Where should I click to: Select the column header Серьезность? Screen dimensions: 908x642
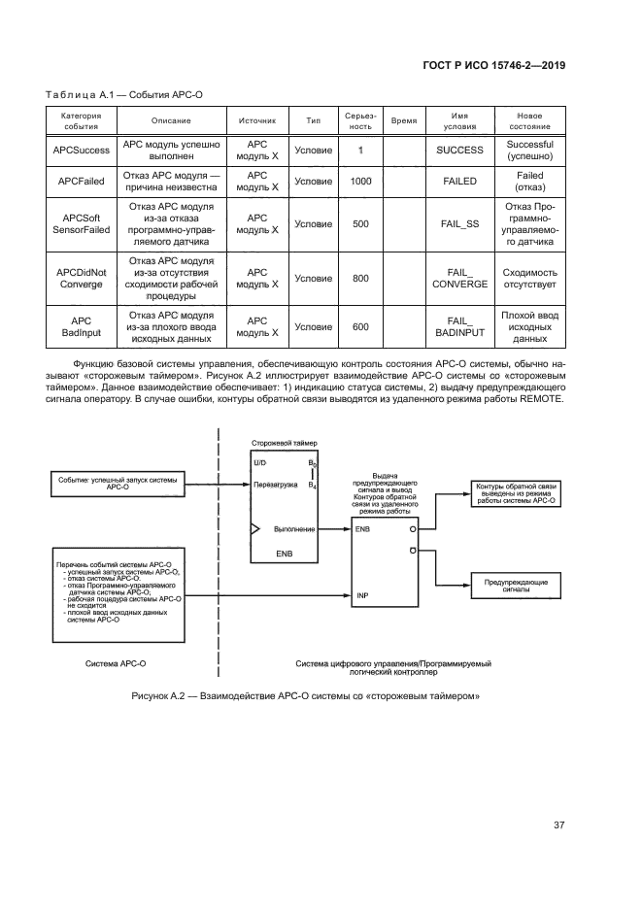(360, 120)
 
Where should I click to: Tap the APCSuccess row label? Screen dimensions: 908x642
(81, 151)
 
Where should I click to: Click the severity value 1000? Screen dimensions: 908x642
(360, 181)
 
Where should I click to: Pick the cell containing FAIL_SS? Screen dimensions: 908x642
(459, 223)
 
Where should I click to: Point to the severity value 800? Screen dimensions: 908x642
(360, 279)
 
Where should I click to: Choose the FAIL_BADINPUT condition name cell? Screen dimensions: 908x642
(459, 326)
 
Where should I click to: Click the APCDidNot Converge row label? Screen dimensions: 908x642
(81, 279)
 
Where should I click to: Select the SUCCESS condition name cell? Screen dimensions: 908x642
(459, 151)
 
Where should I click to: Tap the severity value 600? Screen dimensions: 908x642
(360, 326)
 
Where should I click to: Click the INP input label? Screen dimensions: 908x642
(361, 594)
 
